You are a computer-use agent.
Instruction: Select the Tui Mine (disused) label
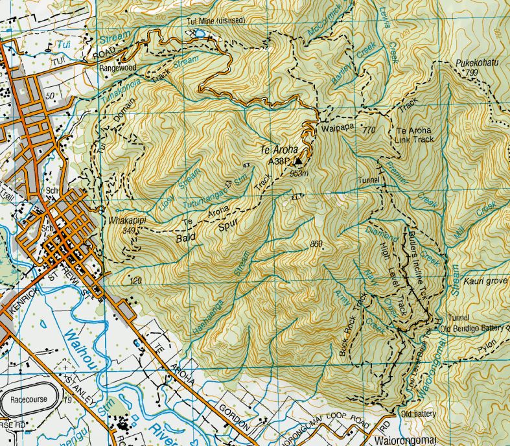click(x=216, y=21)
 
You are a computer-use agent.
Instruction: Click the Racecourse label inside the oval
click(x=27, y=400)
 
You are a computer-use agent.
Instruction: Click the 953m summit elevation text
click(x=298, y=174)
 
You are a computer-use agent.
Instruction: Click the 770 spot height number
click(x=370, y=130)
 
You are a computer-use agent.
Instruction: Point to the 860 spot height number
click(x=316, y=244)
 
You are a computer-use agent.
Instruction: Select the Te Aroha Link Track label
click(x=413, y=135)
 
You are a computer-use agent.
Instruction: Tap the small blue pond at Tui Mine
click(x=200, y=33)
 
